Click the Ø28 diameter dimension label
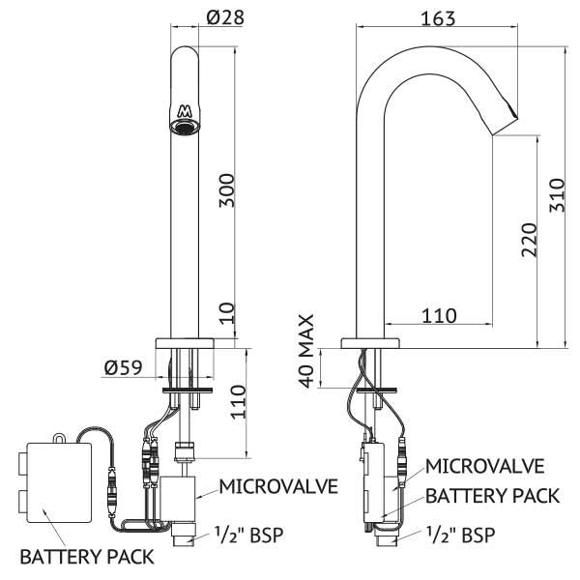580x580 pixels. (225, 17)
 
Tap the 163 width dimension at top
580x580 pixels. (438, 18)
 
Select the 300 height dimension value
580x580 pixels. (226, 190)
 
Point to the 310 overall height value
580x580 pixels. (557, 195)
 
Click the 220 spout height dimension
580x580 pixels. (529, 240)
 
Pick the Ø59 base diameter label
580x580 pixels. (123, 367)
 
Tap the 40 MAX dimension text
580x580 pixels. (305, 351)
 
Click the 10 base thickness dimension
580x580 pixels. (227, 313)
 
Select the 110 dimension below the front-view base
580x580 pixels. (238, 402)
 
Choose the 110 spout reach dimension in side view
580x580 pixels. (440, 315)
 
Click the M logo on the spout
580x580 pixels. (184, 111)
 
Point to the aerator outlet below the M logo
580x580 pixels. (185, 127)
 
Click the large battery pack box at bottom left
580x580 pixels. (60, 482)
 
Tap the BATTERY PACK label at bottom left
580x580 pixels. (87, 557)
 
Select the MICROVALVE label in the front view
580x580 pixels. (278, 486)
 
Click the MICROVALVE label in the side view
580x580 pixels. (484, 466)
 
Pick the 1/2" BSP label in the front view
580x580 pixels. (249, 535)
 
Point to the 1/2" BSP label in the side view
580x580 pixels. (460, 535)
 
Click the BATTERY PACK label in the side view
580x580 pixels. (493, 496)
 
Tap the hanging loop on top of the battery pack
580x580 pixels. (58, 438)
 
